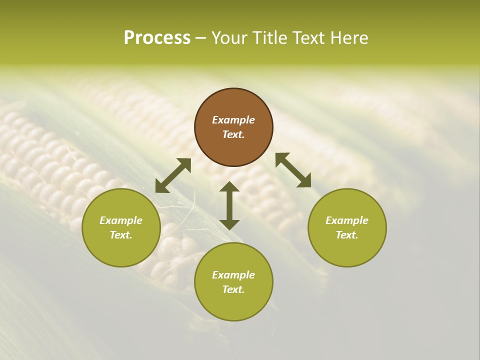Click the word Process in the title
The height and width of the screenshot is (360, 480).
[157, 38]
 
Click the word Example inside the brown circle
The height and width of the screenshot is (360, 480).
[233, 120]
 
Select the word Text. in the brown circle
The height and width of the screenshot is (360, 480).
[233, 134]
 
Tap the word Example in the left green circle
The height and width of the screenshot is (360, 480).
[121, 220]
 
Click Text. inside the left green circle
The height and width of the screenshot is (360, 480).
[121, 235]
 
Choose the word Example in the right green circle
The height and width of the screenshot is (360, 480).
[347, 220]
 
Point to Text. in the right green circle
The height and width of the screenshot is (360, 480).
[347, 235]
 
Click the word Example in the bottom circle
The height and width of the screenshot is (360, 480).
[233, 275]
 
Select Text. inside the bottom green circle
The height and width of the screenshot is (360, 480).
[233, 289]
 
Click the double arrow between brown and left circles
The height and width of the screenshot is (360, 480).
[173, 175]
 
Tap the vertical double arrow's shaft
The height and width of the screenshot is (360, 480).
[229, 205]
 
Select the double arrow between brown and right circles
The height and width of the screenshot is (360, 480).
[293, 170]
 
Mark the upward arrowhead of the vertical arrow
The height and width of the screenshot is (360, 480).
[229, 187]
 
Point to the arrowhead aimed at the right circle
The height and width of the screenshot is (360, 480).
[304, 181]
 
